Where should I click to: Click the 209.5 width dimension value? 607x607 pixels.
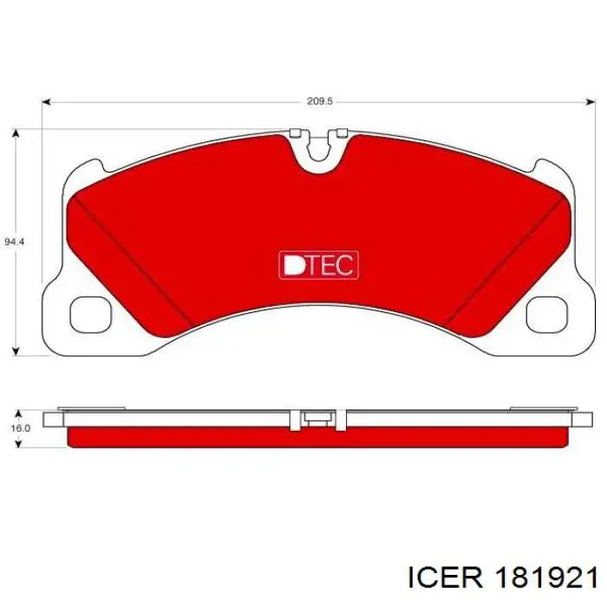(x=320, y=101)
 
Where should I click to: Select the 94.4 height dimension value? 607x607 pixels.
(x=15, y=242)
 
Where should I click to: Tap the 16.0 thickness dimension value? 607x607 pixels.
(x=20, y=428)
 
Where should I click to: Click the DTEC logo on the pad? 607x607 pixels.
(x=318, y=265)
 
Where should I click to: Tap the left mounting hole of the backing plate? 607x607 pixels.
(x=90, y=314)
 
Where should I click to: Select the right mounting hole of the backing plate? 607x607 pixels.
(x=546, y=314)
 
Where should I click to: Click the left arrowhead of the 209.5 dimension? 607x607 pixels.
(x=47, y=101)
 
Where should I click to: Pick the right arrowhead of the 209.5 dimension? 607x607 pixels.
(x=591, y=101)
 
